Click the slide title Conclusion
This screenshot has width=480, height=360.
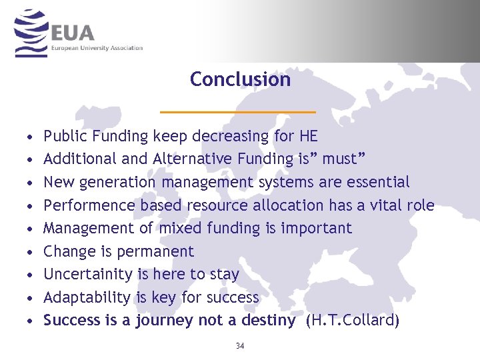[240, 79]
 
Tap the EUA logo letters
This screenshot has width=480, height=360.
[73, 32]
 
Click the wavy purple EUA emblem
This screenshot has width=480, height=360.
[31, 33]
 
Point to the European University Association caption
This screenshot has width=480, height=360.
[97, 48]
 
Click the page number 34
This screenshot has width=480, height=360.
[240, 345]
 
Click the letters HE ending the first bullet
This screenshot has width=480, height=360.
[309, 137]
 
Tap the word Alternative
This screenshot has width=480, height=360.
[193, 159]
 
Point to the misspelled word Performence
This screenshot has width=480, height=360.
[89, 205]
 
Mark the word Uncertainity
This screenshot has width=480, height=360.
[88, 274]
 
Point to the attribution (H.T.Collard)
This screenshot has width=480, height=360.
[353, 321]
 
